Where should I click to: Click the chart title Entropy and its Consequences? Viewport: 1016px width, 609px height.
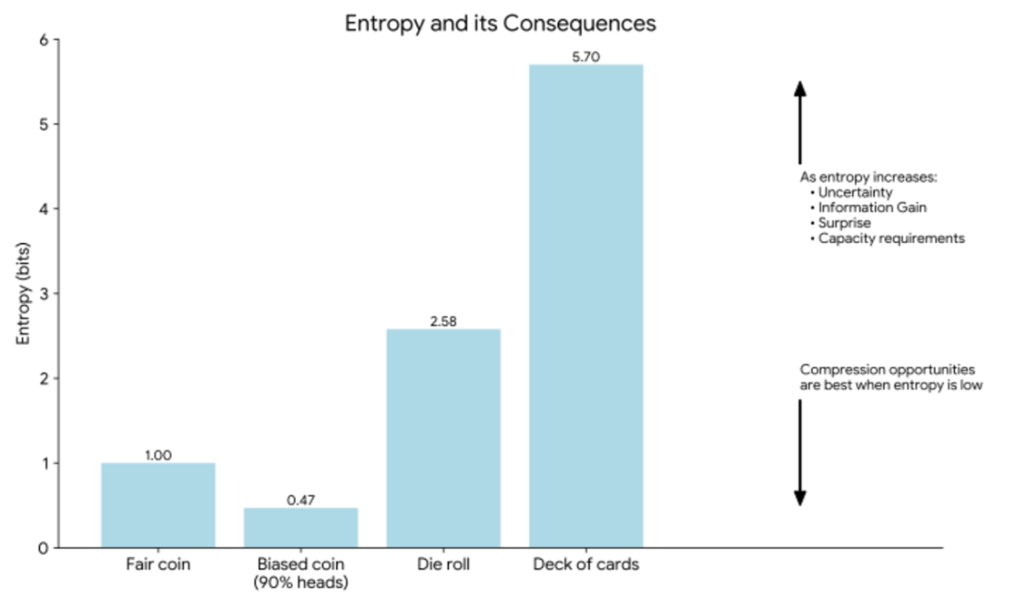click(500, 23)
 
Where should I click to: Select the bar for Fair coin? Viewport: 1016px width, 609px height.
click(158, 505)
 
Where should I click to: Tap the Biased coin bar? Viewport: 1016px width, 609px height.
click(301, 528)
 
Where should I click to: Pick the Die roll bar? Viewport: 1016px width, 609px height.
click(443, 438)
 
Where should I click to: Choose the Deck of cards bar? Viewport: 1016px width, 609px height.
click(586, 306)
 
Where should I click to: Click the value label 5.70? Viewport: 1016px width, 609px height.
click(586, 57)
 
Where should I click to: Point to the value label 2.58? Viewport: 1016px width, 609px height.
click(443, 321)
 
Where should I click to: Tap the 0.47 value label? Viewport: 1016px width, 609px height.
click(301, 500)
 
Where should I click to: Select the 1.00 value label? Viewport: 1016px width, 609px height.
click(158, 456)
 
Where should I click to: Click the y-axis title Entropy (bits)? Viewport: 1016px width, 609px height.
click(23, 293)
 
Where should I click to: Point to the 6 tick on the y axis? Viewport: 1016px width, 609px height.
click(44, 40)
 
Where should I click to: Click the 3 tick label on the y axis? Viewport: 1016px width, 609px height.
click(44, 294)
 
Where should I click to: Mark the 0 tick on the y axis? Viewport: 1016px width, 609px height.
click(43, 548)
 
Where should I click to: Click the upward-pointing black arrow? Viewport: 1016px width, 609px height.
click(800, 123)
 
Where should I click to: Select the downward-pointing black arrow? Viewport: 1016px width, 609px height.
click(800, 453)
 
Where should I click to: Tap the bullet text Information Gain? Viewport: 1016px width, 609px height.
click(872, 208)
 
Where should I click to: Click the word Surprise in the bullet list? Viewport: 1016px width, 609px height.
click(844, 223)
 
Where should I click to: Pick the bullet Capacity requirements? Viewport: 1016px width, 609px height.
click(891, 238)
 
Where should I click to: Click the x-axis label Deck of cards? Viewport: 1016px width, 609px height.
click(586, 565)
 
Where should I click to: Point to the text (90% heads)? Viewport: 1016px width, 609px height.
click(301, 582)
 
